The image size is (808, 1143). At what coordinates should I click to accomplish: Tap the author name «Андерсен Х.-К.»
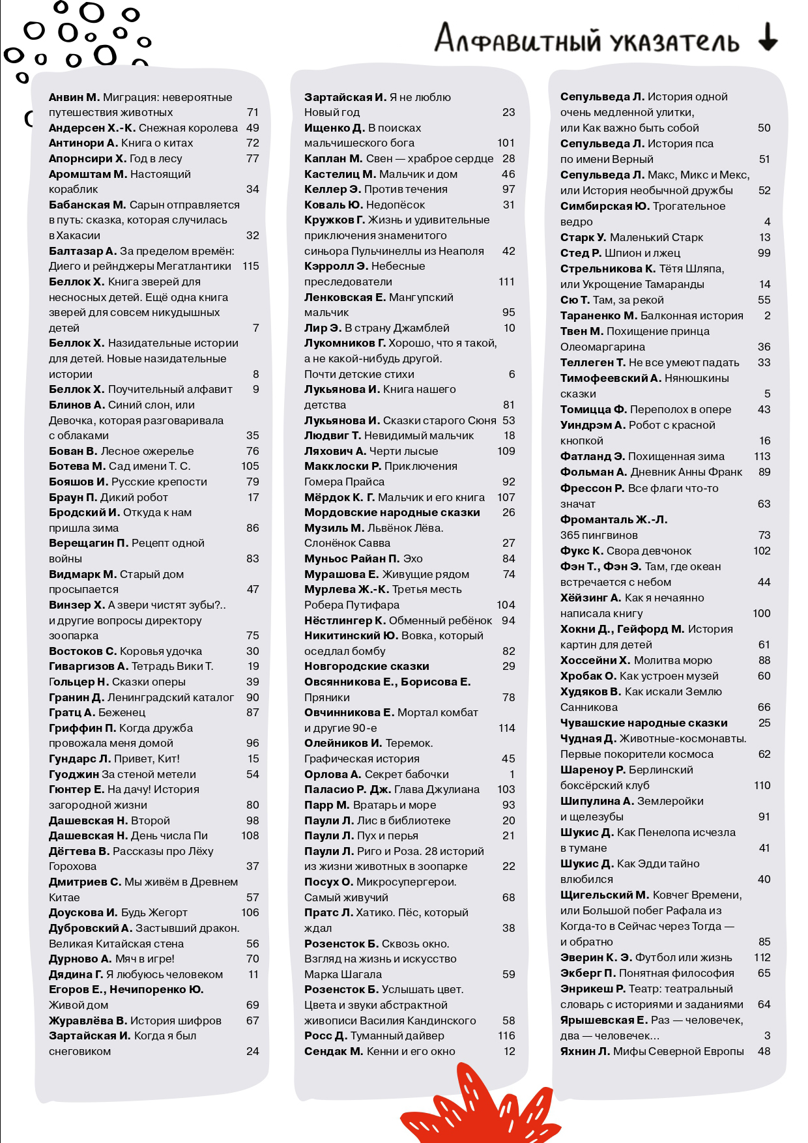(x=93, y=128)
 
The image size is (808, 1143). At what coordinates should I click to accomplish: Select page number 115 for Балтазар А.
(x=250, y=266)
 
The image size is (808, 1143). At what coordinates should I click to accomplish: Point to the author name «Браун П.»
(x=72, y=497)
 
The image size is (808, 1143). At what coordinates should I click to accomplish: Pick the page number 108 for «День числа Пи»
(x=250, y=835)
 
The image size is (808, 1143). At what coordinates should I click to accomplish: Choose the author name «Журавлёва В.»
(x=88, y=1020)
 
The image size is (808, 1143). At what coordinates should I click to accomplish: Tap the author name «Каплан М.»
(x=333, y=158)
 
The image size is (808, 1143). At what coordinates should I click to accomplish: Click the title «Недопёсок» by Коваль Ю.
(x=396, y=205)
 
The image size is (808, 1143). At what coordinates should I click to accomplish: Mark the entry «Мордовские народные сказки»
(x=392, y=512)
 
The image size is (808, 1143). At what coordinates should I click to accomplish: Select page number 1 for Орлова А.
(x=512, y=774)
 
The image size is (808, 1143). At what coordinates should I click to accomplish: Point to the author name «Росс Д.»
(x=326, y=1035)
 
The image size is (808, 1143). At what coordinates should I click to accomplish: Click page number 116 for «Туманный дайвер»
(x=506, y=1035)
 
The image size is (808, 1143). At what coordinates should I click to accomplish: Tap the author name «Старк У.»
(x=583, y=237)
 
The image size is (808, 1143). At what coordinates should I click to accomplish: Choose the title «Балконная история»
(x=691, y=315)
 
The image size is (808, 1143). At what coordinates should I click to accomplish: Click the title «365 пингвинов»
(x=599, y=535)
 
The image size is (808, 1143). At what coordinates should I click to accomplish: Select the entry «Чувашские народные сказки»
(x=644, y=723)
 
